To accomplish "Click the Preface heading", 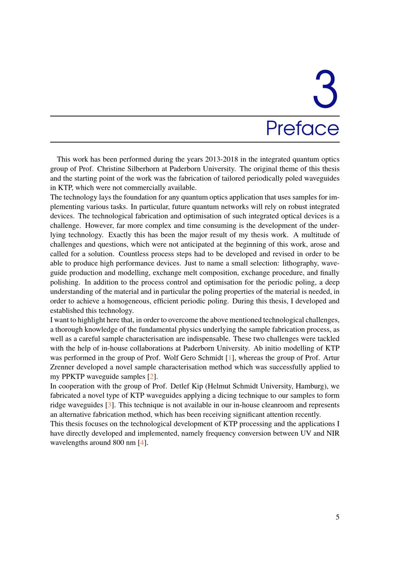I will (302, 129).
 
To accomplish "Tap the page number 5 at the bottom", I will (337, 517).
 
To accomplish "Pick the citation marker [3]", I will (110, 405).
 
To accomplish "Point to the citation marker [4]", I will (142, 443).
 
